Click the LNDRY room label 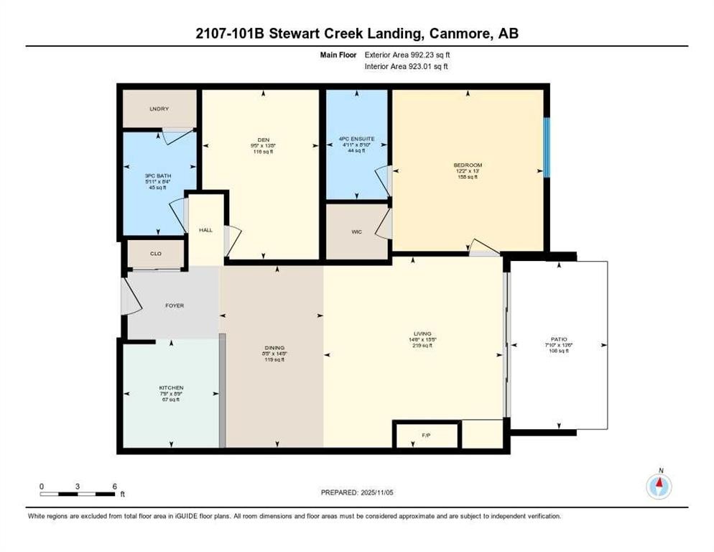click(x=159, y=109)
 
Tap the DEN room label click(x=263, y=140)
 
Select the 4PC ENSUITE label click(x=356, y=139)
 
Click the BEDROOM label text click(x=467, y=165)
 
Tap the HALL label click(x=205, y=230)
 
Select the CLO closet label click(x=155, y=254)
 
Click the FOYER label click(x=175, y=306)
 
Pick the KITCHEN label click(x=171, y=388)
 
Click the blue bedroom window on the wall click(x=546, y=147)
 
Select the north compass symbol click(x=659, y=487)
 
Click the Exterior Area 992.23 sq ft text click(x=407, y=55)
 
